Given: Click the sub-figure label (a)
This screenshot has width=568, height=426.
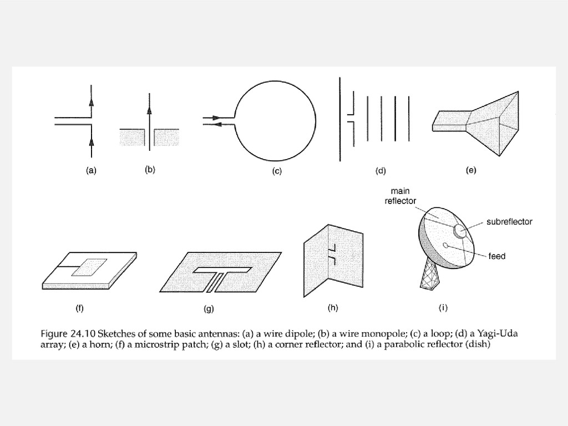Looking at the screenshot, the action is click(91, 171).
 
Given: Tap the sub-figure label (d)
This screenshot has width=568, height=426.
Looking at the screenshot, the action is click(381, 171).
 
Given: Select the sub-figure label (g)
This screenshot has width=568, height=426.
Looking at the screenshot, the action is click(209, 309).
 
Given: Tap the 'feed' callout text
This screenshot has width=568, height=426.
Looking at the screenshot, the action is click(497, 256).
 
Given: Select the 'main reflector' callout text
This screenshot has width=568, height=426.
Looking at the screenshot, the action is click(400, 196).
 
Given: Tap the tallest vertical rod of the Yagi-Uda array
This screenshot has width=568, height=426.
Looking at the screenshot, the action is click(339, 119).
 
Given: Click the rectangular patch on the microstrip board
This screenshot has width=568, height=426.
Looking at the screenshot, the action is click(90, 266).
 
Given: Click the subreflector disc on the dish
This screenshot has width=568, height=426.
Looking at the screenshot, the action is click(459, 231).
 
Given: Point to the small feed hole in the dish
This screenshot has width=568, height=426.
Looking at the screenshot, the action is click(445, 245).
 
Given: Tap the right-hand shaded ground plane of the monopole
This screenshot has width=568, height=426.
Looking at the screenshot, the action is click(166, 137).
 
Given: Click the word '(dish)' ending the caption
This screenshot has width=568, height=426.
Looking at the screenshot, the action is click(478, 344).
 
